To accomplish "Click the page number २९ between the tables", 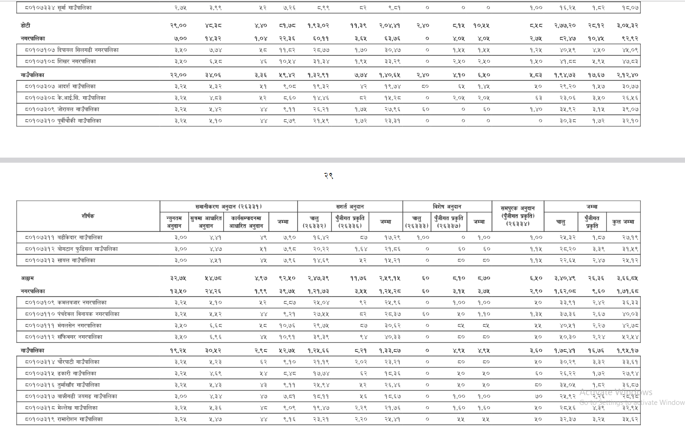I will pyautogui.click(x=328, y=176).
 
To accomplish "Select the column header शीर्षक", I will pyautogui.click(x=88, y=216).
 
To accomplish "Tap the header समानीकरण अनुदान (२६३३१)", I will pyautogui.click(x=228, y=206).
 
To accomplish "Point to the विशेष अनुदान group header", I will pyautogui.click(x=447, y=206).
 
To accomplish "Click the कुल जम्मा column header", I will pyautogui.click(x=623, y=222).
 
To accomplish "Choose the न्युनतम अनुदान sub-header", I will pyautogui.click(x=174, y=222).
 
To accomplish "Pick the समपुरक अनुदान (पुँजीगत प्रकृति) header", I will pyautogui.click(x=518, y=216).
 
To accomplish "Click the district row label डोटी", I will pyautogui.click(x=26, y=26).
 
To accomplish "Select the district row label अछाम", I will pyautogui.click(x=27, y=278).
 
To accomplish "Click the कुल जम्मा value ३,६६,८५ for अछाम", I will pyautogui.click(x=627, y=278).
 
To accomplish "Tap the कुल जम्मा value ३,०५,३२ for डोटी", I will pyautogui.click(x=627, y=26).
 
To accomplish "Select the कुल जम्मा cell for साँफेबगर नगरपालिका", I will pyautogui.click(x=630, y=337).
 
